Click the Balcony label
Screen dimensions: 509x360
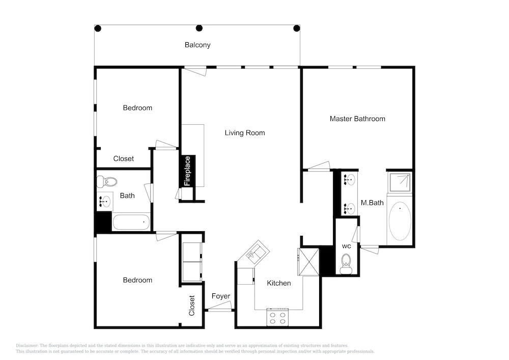[197, 45]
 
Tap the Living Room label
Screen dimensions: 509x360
[245, 133]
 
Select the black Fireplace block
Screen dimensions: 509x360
[188, 171]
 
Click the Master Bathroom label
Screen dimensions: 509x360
[357, 119]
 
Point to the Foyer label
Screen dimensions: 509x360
[221, 296]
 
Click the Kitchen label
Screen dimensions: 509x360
[279, 283]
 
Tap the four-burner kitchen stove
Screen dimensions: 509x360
[277, 317]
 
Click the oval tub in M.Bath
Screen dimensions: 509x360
[400, 221]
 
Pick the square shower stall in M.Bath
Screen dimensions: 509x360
[400, 182]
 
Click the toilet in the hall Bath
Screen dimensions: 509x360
[107, 182]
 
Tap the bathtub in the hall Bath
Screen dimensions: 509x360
[131, 222]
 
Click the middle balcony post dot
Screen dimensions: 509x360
[200, 28]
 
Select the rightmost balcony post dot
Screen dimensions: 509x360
[296, 28]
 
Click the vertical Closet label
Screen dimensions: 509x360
[191, 306]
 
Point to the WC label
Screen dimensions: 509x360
[346, 246]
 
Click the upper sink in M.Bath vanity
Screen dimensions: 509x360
[349, 180]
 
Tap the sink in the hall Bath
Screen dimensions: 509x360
[104, 202]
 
